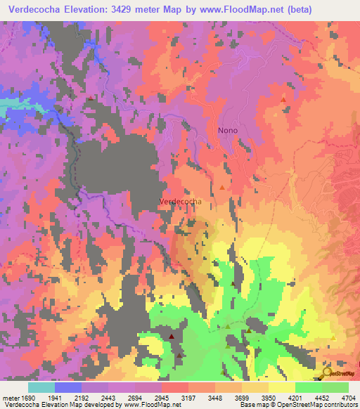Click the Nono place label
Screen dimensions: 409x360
point(228,130)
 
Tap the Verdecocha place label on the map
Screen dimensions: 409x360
point(181,201)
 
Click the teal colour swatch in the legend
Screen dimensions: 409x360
point(41,387)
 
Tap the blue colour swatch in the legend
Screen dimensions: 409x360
point(67,387)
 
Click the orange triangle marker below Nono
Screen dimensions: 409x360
point(222,187)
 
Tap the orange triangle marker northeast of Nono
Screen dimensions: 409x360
point(283,100)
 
